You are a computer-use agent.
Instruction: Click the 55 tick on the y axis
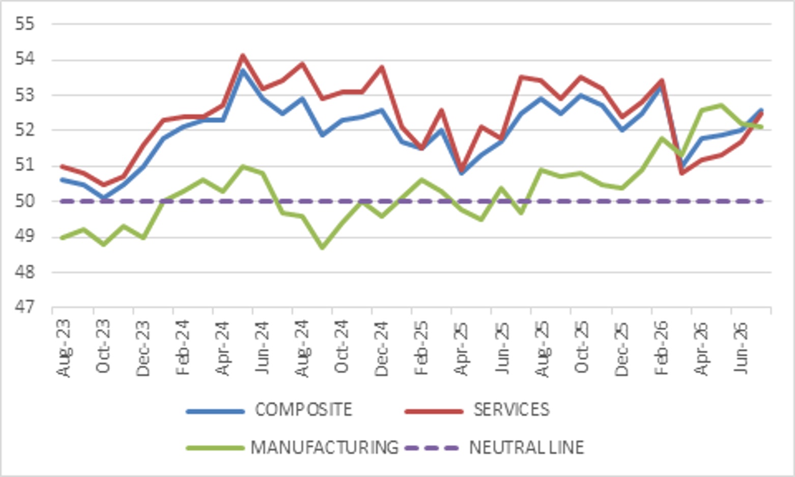click(x=25, y=24)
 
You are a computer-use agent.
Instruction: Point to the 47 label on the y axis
click(x=25, y=306)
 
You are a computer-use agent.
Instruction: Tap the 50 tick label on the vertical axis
click(x=25, y=201)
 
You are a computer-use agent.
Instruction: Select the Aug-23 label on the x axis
click(x=64, y=348)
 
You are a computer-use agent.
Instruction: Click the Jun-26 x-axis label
click(x=741, y=347)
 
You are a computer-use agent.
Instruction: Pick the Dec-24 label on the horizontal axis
click(x=382, y=348)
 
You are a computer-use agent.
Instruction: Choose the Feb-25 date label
click(x=422, y=348)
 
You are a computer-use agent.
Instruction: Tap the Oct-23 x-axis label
click(x=103, y=346)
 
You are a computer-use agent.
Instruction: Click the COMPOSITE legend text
click(x=304, y=410)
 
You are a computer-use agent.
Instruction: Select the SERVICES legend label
click(x=512, y=410)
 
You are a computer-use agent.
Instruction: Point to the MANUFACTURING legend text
click(x=325, y=447)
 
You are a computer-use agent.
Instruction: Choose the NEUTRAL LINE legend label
click(x=527, y=447)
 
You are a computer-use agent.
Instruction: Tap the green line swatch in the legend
click(x=215, y=448)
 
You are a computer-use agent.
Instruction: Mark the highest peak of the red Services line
click(x=243, y=55)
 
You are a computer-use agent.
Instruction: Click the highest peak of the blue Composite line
click(x=243, y=70)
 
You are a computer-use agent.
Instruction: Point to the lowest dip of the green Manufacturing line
click(x=322, y=247)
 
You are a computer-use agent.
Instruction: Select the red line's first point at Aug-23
click(x=63, y=166)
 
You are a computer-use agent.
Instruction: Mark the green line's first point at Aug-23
click(x=63, y=238)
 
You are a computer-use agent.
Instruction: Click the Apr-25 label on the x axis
click(x=462, y=348)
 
